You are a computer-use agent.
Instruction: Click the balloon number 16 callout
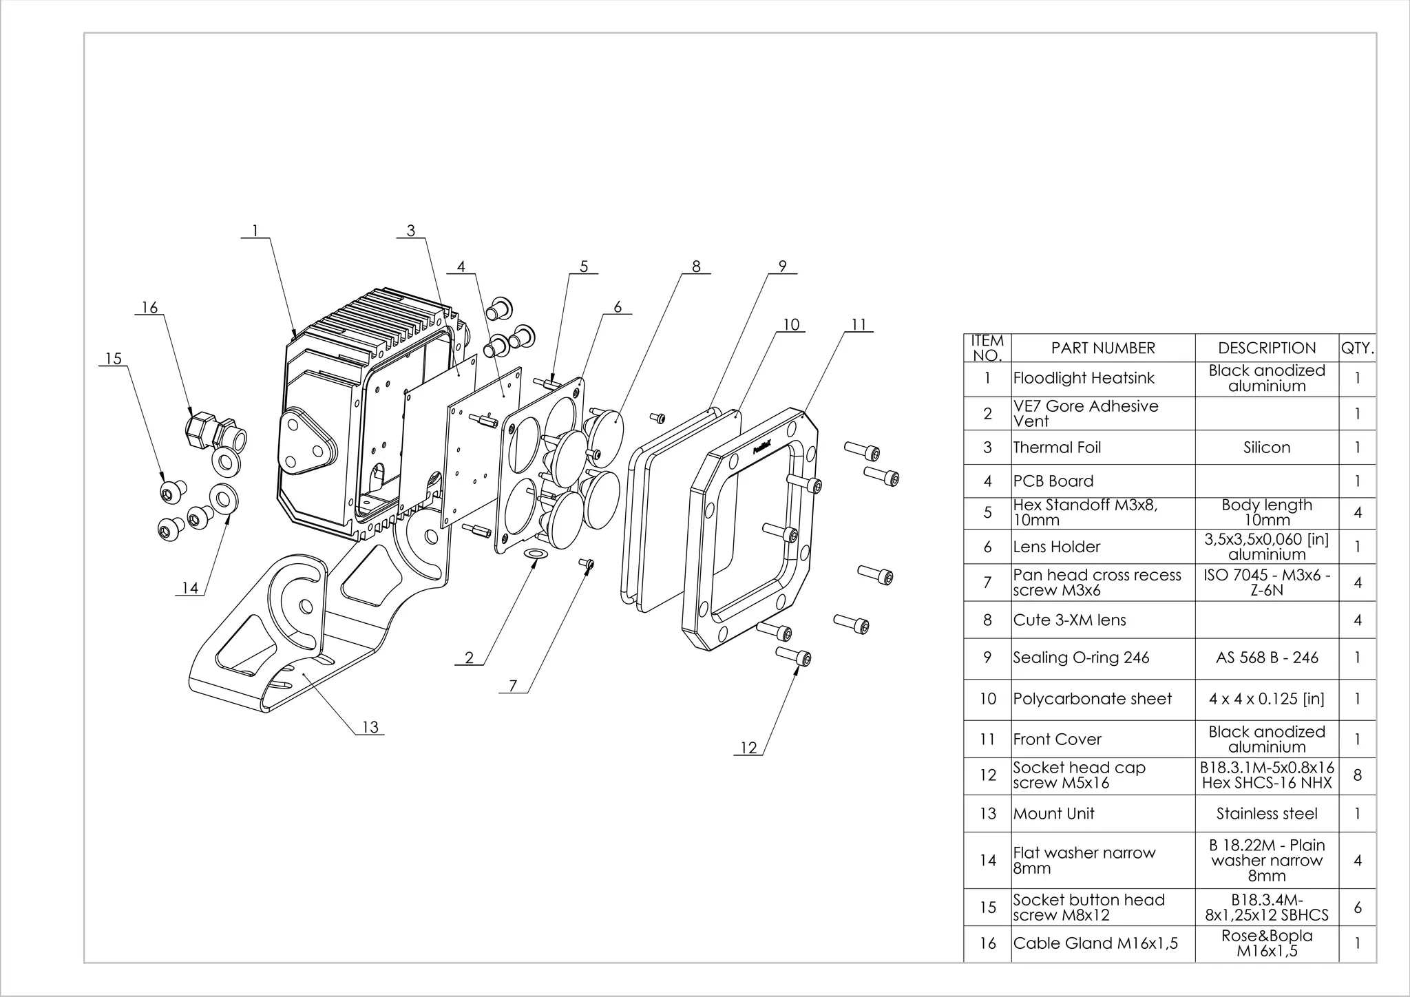click(149, 308)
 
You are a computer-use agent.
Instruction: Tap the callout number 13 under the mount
click(370, 727)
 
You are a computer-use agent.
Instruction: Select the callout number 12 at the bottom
click(748, 748)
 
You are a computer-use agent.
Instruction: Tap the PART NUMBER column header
click(1103, 348)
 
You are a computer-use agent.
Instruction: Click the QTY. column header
click(1357, 348)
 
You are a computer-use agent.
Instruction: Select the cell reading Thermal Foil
click(1057, 448)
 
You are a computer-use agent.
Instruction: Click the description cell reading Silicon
click(1266, 448)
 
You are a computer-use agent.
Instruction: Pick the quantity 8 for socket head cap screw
click(1357, 775)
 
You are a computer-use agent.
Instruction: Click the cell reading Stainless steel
click(1266, 814)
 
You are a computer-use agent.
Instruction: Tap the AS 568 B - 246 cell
click(1266, 658)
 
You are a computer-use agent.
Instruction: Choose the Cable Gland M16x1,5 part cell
click(1095, 943)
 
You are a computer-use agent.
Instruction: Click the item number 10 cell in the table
click(987, 699)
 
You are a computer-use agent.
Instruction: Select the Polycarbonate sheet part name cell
click(1092, 699)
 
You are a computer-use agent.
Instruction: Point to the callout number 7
click(513, 686)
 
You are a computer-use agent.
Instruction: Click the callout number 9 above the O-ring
click(782, 266)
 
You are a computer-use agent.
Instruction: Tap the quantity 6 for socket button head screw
click(1357, 907)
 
